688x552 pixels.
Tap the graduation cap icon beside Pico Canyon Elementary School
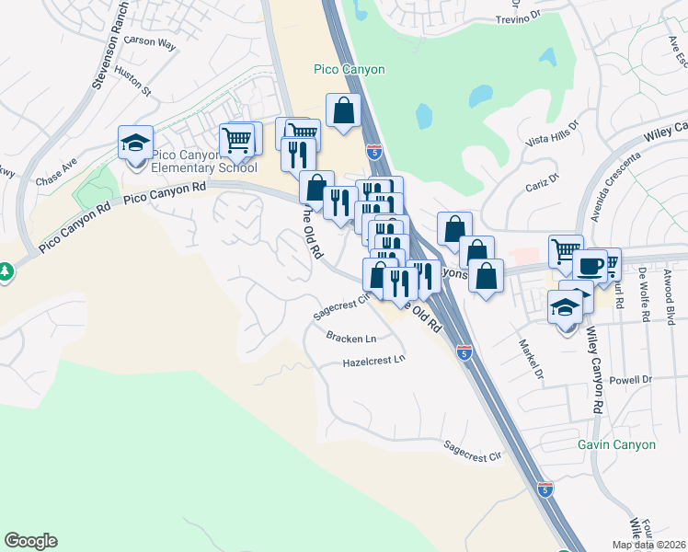point(135,144)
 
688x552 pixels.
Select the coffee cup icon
point(589,267)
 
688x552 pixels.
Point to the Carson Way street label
point(149,41)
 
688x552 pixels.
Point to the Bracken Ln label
point(351,338)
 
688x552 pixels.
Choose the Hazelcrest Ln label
point(373,361)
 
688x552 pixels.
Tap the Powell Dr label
point(630,379)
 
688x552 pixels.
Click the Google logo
point(30,541)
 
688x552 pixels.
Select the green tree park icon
point(5,271)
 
